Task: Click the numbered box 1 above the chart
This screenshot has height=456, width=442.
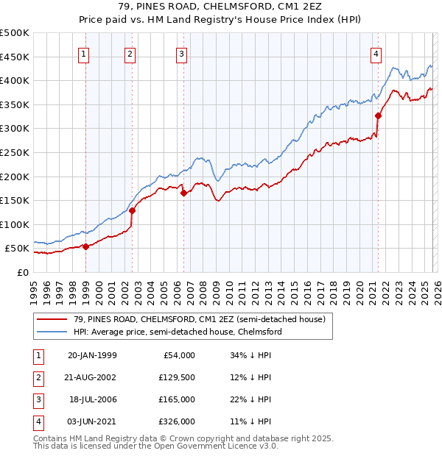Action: [x=83, y=53]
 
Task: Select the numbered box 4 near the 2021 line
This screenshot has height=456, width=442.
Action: [x=376, y=53]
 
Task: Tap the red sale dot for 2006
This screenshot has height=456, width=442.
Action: [x=183, y=193]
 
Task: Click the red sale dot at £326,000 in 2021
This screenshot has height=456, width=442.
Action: [x=378, y=115]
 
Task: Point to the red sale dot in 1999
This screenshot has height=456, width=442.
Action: [x=85, y=246]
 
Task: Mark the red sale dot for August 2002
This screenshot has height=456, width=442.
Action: [x=133, y=210]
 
